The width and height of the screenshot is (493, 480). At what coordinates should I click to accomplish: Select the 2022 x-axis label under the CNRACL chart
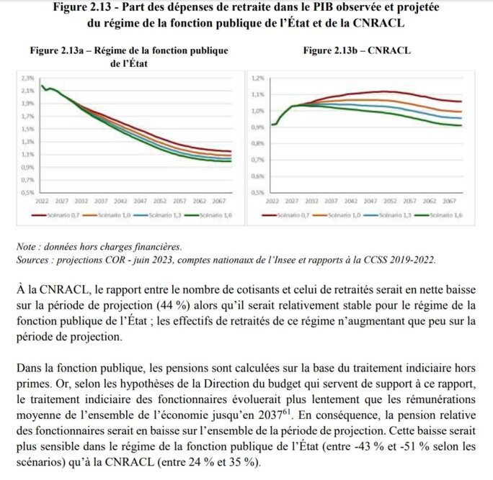pos(272,202)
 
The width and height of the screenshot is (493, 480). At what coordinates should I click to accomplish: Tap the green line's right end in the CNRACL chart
pos(461,126)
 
